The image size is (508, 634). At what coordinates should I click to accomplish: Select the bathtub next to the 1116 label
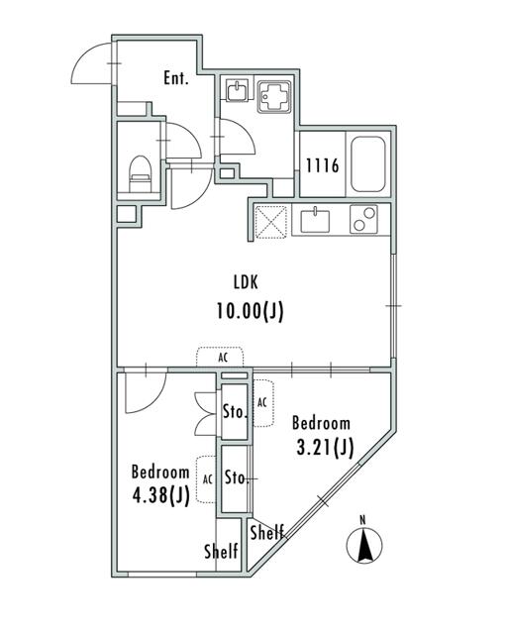(x=368, y=164)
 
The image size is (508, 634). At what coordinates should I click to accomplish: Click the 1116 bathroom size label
(x=322, y=165)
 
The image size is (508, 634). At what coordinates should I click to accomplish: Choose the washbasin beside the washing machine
(x=237, y=93)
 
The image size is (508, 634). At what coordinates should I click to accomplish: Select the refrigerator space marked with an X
(x=270, y=220)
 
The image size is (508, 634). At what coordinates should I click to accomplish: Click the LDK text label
(x=249, y=281)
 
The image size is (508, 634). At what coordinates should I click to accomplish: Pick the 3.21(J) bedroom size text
(x=325, y=448)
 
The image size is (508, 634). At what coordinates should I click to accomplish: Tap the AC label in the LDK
(x=224, y=359)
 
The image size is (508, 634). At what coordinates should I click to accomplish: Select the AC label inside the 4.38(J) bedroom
(x=207, y=477)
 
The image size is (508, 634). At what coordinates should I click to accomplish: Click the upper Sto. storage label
(x=234, y=411)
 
